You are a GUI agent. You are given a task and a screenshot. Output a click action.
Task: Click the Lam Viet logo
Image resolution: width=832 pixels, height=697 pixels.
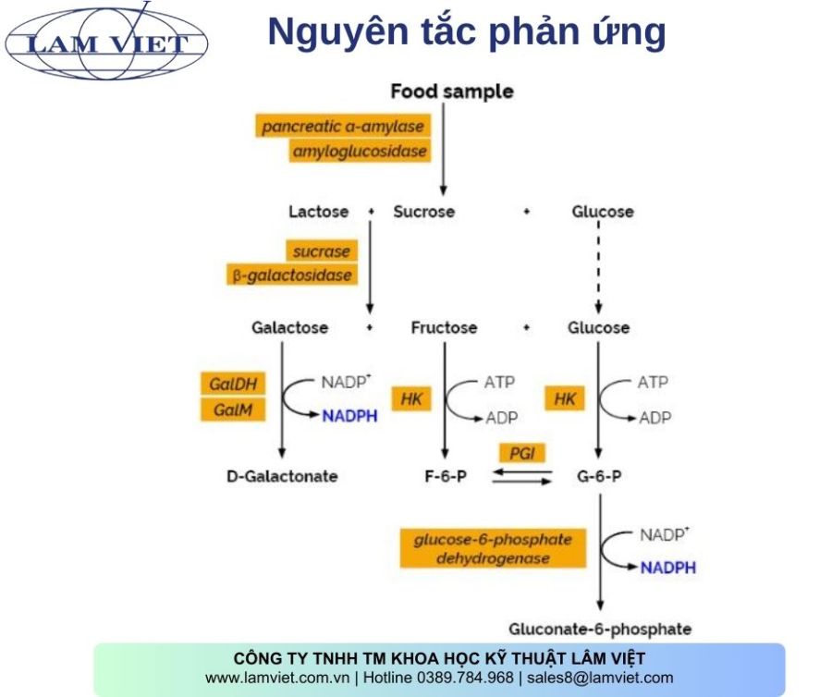click(x=106, y=43)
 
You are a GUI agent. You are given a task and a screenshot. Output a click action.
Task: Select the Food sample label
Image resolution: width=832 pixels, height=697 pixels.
click(x=451, y=92)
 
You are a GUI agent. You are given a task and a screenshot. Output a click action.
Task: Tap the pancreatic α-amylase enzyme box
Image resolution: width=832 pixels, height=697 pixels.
click(x=342, y=126)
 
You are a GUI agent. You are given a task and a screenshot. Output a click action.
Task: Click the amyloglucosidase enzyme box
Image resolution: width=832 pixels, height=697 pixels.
click(x=360, y=151)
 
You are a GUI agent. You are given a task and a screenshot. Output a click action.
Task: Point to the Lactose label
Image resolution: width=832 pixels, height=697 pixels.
click(x=318, y=212)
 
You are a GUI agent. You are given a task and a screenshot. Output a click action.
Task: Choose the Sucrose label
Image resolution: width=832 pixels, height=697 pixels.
click(x=424, y=212)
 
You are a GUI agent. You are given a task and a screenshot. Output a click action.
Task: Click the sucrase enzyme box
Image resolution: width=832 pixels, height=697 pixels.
click(x=322, y=251)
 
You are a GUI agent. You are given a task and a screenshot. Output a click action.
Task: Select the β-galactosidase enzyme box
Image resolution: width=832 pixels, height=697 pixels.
click(x=292, y=275)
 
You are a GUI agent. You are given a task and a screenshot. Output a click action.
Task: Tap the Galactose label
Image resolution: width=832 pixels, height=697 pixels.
click(x=289, y=328)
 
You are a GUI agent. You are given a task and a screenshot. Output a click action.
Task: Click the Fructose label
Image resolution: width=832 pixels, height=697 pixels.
click(x=444, y=328)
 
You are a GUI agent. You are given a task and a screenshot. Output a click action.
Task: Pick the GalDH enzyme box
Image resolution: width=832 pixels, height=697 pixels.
click(x=232, y=384)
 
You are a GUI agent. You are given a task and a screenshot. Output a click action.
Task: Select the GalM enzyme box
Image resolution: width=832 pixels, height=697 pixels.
click(x=232, y=409)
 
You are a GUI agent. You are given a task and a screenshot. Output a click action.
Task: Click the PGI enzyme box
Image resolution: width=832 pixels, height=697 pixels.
click(x=521, y=453)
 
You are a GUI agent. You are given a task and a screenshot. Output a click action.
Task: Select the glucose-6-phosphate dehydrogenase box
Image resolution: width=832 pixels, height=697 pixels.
click(x=493, y=548)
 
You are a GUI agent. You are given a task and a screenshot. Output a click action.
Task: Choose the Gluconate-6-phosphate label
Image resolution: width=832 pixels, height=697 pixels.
click(x=600, y=630)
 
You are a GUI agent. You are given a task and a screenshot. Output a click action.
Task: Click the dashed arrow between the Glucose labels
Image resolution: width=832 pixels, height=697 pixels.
click(x=599, y=268)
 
